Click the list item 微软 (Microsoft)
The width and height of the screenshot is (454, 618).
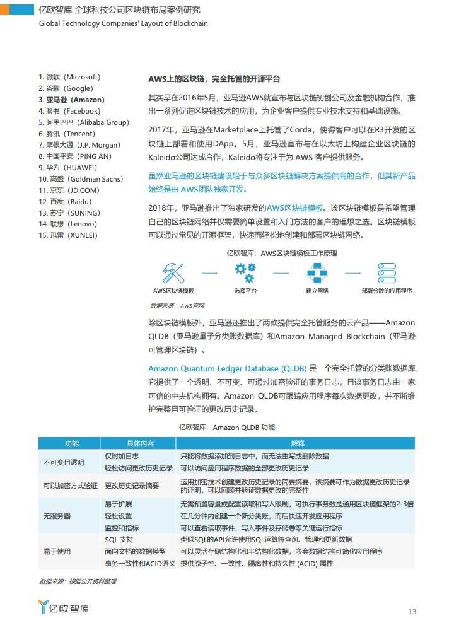click(x=69, y=77)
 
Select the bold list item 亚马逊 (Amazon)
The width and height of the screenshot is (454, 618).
click(x=71, y=100)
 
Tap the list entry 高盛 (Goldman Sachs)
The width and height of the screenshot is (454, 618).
click(x=80, y=179)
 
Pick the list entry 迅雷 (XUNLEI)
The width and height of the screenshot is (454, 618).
click(x=68, y=235)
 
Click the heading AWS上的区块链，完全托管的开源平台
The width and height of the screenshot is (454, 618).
click(x=214, y=79)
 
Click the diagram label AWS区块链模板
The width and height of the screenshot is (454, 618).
click(x=173, y=291)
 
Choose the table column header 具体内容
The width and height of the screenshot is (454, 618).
click(x=140, y=443)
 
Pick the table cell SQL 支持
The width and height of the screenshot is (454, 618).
click(x=119, y=539)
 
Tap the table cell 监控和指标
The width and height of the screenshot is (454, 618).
click(x=122, y=527)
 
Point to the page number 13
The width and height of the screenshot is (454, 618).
click(x=412, y=611)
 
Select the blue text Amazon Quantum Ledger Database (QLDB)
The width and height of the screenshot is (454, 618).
click(x=228, y=368)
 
